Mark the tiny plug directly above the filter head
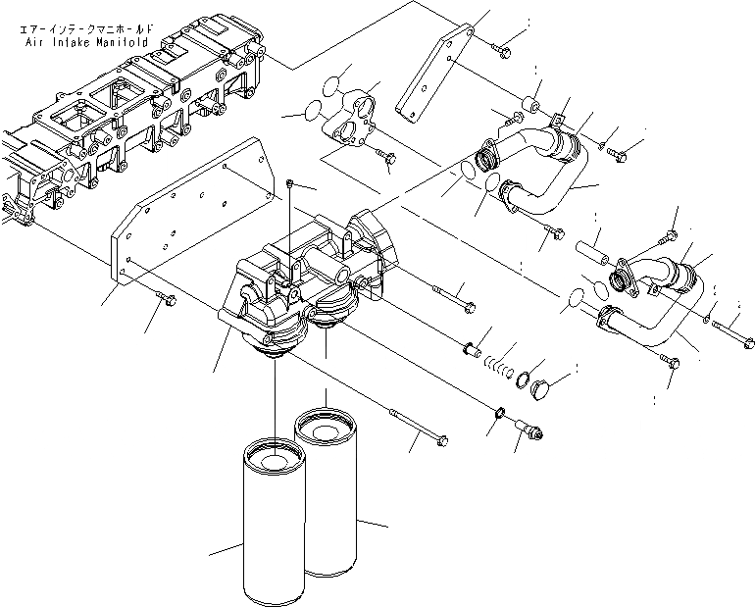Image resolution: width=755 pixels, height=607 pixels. pyautogui.click(x=291, y=182)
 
